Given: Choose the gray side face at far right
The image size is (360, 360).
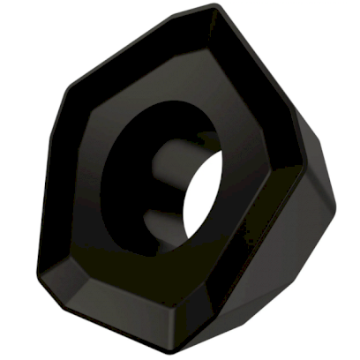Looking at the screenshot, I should [322, 176].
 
